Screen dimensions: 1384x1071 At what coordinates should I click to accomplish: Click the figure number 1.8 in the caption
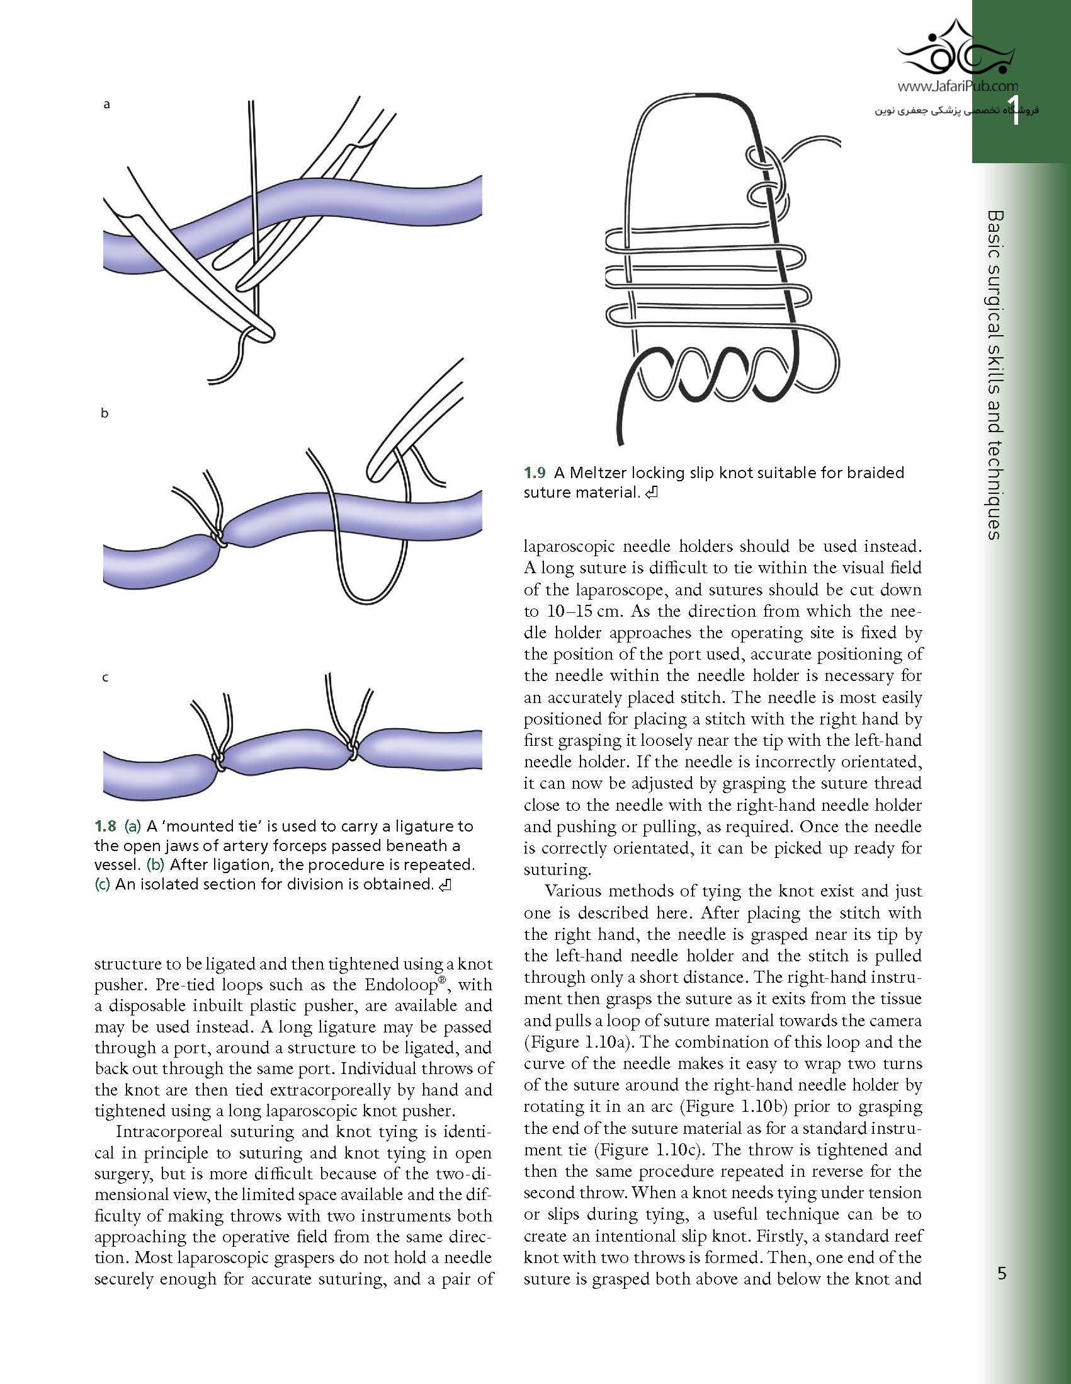pos(105,826)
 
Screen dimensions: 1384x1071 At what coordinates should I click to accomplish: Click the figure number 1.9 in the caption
pos(535,472)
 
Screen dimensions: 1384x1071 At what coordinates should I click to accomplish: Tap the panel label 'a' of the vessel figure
pos(106,105)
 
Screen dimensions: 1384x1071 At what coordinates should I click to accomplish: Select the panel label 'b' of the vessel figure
pos(105,413)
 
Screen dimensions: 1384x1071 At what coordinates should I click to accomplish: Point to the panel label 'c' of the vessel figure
pos(105,677)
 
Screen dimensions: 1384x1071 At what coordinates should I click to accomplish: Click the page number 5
pos(1001,1273)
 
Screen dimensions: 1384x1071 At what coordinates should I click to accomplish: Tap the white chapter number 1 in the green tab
pos(1014,113)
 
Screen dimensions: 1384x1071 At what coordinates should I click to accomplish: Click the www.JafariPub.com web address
pos(958,86)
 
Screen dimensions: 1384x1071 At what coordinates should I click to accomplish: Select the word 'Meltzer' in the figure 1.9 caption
pos(596,472)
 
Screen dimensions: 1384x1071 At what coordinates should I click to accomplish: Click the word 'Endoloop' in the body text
pos(399,985)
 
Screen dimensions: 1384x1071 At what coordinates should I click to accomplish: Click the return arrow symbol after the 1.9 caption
pos(651,493)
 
